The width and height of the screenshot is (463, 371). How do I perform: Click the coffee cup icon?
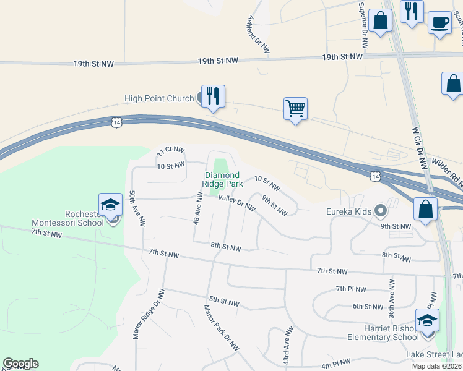[439, 23]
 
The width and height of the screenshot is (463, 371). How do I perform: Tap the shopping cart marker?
[296, 109]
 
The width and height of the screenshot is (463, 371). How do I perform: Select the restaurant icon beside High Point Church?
[213, 96]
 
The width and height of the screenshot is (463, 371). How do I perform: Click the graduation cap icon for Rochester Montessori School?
[110, 205]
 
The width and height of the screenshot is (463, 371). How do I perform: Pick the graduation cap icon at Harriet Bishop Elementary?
[427, 321]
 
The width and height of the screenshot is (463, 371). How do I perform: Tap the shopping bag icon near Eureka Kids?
[426, 209]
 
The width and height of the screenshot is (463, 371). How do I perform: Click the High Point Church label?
[159, 99]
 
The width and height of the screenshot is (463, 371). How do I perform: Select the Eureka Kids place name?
[348, 212]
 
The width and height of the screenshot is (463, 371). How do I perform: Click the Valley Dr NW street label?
[236, 202]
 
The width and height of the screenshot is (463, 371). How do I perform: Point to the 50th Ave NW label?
[137, 207]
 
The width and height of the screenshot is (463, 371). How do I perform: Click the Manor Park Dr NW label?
[222, 328]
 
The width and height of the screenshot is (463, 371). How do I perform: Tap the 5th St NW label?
[224, 302]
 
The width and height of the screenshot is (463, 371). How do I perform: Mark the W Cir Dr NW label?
[420, 148]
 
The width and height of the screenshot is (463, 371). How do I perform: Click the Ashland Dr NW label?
[259, 33]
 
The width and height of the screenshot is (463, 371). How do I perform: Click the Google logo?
[20, 364]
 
